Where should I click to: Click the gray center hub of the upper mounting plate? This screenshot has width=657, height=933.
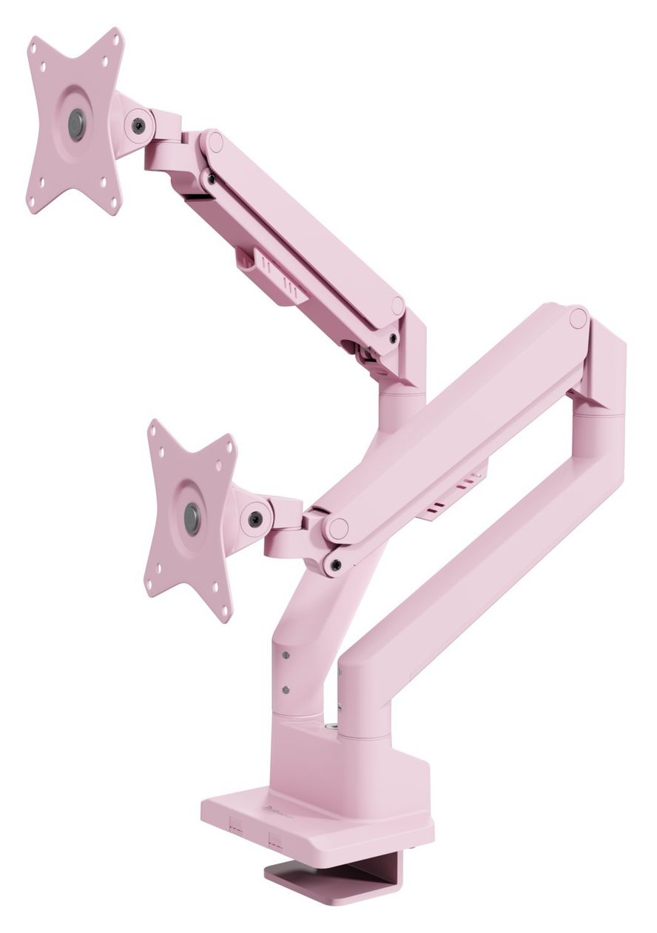pos(76,124)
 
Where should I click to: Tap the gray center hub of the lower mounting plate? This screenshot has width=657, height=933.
pos(192,518)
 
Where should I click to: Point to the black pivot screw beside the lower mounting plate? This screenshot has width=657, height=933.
pos(255,518)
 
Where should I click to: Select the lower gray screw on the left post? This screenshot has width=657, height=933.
pos(285,689)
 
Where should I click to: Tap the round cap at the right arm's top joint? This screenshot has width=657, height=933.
pos(578,318)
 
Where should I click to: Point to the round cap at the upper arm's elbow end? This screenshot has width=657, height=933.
pos(398,306)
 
